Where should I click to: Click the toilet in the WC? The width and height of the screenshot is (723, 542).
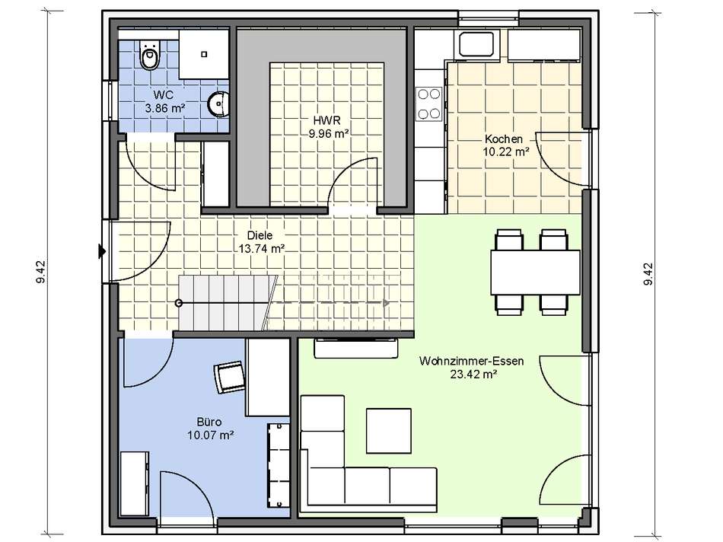point(149,56)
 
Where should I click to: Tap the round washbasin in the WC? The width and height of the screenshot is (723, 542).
point(219,104)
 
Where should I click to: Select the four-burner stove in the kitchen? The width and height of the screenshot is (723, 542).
point(428,104)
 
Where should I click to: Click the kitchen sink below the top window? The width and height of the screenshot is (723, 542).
point(478,44)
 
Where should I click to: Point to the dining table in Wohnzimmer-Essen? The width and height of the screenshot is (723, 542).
point(535,273)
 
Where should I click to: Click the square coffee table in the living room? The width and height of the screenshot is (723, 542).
point(388,431)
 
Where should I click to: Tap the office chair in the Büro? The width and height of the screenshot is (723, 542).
point(229,376)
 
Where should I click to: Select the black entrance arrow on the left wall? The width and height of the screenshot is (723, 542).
point(102,252)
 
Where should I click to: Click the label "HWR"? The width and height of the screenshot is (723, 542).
point(326,121)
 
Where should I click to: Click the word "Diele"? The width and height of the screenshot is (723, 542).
point(260,235)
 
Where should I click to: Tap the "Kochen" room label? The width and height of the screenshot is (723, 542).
point(504,139)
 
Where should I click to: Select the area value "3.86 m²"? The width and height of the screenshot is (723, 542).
point(164,108)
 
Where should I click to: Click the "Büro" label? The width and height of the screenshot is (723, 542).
point(209,422)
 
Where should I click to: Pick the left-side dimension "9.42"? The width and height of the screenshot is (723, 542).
point(40,272)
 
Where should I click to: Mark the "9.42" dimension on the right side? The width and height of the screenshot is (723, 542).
point(648,274)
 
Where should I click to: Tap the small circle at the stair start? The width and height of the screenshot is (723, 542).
point(179,303)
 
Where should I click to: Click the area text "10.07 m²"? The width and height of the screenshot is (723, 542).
point(210,435)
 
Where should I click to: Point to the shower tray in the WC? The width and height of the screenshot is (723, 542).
point(204,55)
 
